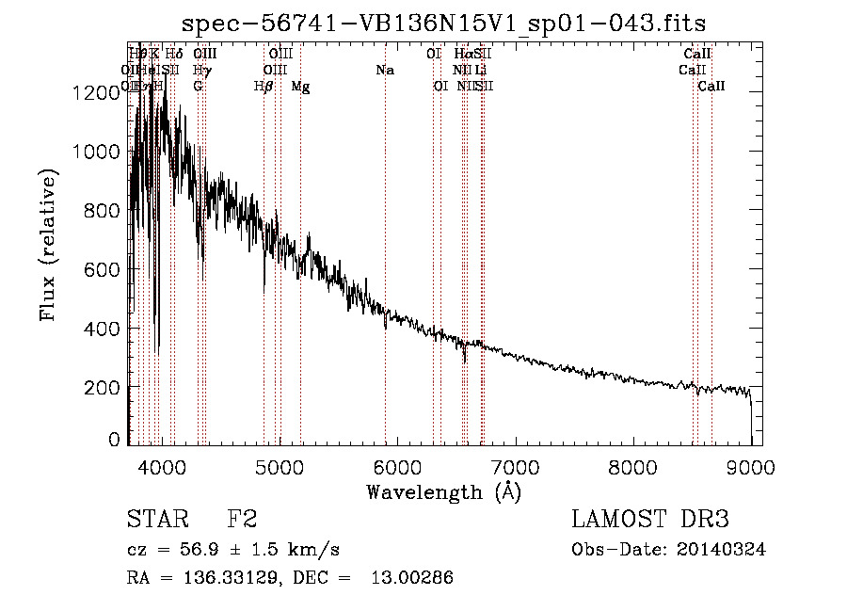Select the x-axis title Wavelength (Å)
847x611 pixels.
tap(444, 491)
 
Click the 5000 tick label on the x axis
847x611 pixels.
tap(279, 466)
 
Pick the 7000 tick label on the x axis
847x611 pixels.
tap(515, 466)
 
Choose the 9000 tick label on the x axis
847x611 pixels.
tap(751, 466)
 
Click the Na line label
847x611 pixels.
tap(384, 71)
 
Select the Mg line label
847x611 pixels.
tap(300, 87)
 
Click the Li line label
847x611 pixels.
tap(480, 71)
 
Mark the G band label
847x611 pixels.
tap(198, 87)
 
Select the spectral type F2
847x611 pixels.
tap(242, 520)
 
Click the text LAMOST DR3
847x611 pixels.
tap(649, 520)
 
